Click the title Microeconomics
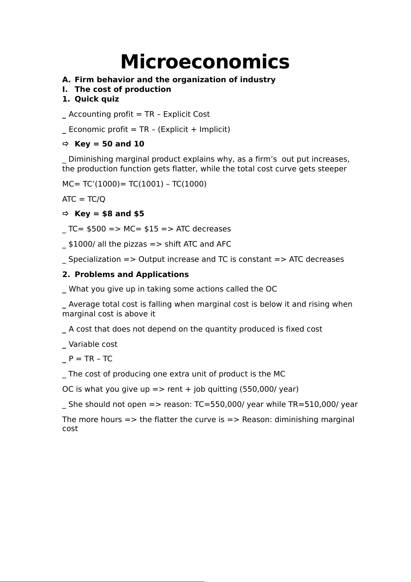tap(205, 62)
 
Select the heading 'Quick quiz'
tap(97, 99)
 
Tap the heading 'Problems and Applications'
tap(131, 275)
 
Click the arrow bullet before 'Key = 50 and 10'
tap(66, 144)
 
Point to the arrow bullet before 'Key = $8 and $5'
tap(66, 213)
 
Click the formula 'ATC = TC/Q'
tap(84, 199)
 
